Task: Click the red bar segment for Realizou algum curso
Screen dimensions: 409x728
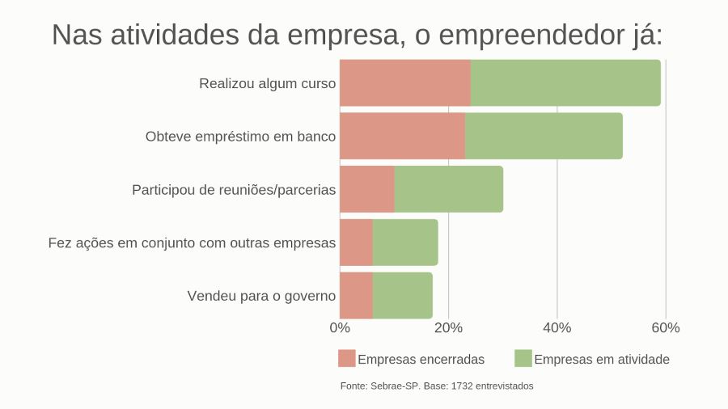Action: tap(405, 82)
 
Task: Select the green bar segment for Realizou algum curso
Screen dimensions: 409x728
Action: tap(565, 82)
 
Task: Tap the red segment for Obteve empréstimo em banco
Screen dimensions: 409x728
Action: tap(402, 136)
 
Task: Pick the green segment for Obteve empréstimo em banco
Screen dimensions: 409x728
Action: tap(544, 136)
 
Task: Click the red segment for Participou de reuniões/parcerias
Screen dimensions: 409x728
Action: tap(366, 189)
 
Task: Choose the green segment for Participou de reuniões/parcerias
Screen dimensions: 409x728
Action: tap(448, 189)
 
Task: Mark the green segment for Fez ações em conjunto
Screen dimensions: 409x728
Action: tap(405, 242)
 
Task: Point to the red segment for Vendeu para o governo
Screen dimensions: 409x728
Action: tap(356, 296)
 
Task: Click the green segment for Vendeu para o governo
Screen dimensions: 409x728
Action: tap(403, 296)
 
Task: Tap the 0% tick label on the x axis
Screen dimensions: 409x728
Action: tap(340, 328)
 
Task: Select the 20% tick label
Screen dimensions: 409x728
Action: tap(448, 328)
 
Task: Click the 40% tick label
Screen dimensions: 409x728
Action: tap(557, 328)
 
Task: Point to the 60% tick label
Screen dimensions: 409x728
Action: tap(666, 328)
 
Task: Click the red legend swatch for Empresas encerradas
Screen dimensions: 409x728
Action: tap(346, 359)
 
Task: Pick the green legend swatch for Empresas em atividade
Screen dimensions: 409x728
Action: tap(523, 359)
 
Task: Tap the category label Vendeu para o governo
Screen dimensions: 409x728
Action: tap(261, 296)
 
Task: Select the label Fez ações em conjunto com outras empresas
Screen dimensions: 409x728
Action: tap(192, 242)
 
